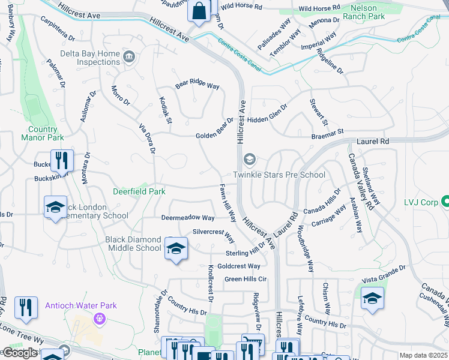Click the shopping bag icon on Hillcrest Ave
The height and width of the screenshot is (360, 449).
click(199, 10)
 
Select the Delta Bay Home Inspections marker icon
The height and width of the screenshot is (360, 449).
click(128, 58)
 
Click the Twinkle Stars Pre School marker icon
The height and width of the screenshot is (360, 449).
click(249, 160)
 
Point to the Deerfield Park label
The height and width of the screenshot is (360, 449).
click(139, 192)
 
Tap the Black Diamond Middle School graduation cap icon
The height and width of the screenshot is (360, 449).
click(176, 248)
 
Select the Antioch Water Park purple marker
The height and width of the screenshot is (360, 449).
click(98, 319)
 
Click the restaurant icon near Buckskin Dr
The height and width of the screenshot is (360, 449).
click(62, 160)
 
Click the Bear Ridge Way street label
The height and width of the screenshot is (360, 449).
click(197, 85)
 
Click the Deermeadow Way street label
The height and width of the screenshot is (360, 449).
click(187, 218)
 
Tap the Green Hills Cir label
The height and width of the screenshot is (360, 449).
click(246, 279)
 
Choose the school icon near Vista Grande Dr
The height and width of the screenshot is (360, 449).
click(372, 298)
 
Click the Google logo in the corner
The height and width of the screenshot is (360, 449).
click(20, 353)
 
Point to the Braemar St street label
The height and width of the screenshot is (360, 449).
click(327, 133)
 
